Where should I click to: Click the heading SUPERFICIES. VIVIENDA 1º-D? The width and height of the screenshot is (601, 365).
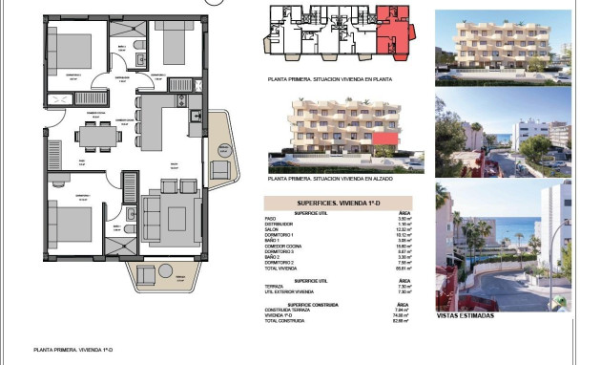click(337, 204)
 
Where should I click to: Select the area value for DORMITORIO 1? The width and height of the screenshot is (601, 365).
click(404, 235)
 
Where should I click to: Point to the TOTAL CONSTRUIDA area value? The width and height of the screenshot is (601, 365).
click(403, 321)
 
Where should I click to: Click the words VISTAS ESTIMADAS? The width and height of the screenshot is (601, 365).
click(464, 315)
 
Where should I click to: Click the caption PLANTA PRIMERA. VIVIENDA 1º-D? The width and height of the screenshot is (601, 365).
click(70, 351)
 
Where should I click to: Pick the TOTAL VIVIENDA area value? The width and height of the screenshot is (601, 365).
click(404, 268)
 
